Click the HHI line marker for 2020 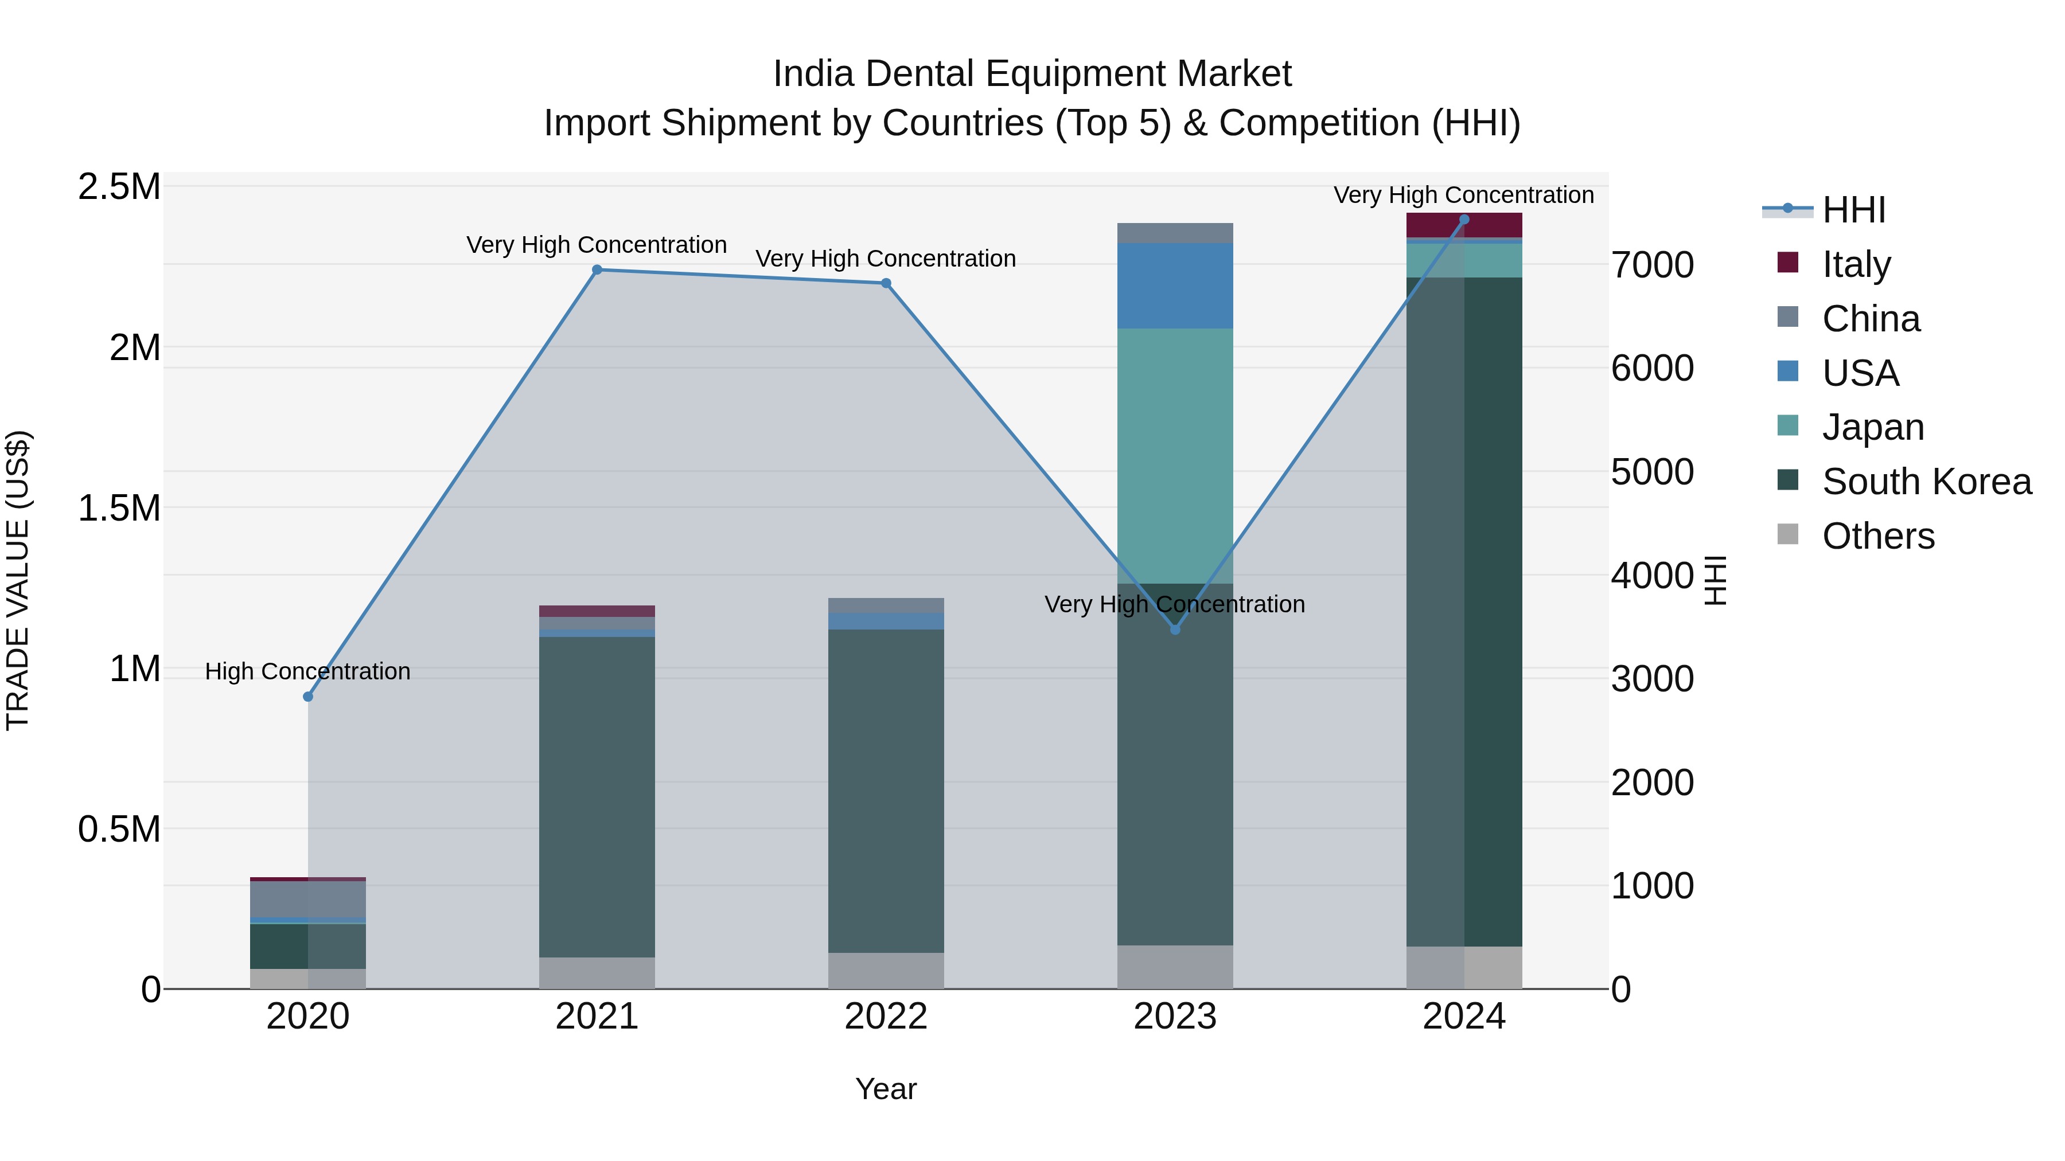tap(308, 696)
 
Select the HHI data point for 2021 tap(597, 270)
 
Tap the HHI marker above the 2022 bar tap(886, 283)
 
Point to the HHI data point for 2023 tap(1175, 630)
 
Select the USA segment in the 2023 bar tap(1175, 286)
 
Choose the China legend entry tap(1871, 319)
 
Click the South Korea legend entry tap(1926, 482)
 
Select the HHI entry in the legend tap(1853, 210)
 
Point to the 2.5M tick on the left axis tap(119, 187)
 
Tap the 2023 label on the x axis tap(1175, 1017)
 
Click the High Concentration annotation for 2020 tap(308, 671)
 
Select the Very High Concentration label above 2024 tap(1464, 195)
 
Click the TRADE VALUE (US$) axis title tap(18, 580)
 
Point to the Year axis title tap(886, 1089)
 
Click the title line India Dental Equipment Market tap(1032, 74)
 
